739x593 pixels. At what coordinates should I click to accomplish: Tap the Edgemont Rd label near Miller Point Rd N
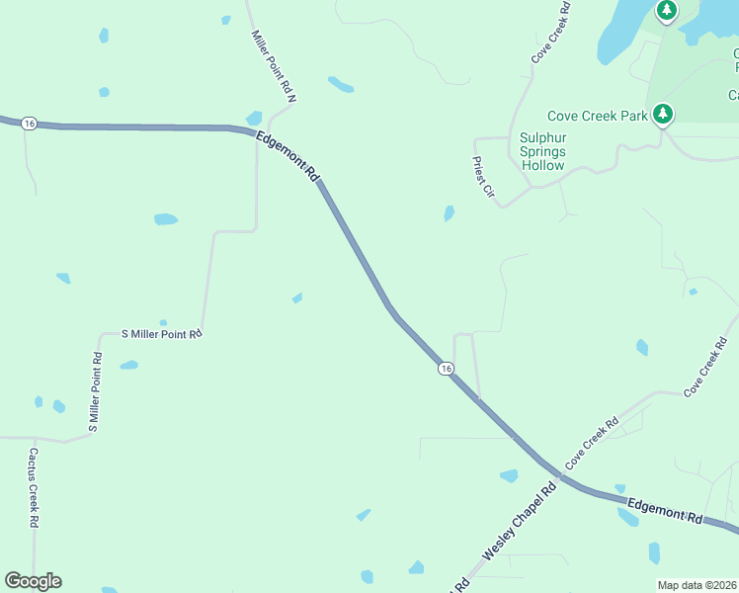288,156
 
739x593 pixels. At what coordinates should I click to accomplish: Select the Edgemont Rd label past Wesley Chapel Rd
664,509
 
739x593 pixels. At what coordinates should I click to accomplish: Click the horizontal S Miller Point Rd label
161,334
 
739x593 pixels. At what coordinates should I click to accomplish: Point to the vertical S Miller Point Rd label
96,392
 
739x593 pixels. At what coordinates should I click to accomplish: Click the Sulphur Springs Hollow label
542,151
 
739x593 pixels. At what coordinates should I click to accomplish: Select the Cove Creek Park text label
599,116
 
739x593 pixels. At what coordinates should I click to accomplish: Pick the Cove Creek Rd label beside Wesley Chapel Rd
591,444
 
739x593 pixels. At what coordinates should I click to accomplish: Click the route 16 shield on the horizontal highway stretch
30,123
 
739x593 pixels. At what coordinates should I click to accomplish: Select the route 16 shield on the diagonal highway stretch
447,368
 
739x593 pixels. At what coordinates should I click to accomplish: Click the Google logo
33,581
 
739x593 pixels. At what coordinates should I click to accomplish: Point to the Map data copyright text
697,585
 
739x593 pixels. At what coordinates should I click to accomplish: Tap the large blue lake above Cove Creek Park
622,30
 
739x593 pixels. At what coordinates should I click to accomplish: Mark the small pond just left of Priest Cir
450,212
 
